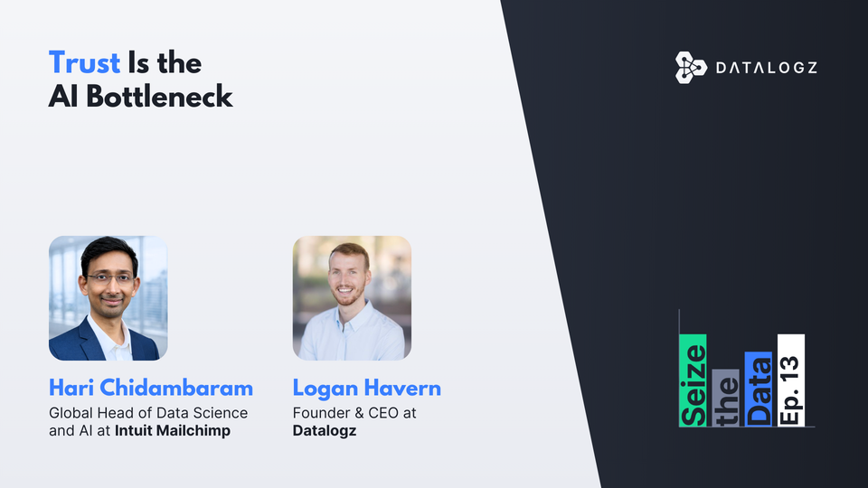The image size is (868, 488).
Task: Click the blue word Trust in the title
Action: click(x=84, y=63)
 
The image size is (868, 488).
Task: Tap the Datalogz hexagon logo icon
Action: click(x=690, y=68)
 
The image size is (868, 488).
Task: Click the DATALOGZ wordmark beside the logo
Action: click(x=767, y=68)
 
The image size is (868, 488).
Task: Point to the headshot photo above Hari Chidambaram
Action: click(x=108, y=298)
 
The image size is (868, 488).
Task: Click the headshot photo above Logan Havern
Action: click(x=352, y=298)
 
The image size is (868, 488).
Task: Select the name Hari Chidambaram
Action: click(x=151, y=389)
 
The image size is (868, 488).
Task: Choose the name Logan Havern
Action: click(x=366, y=389)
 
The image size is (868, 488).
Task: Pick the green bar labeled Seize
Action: click(x=693, y=380)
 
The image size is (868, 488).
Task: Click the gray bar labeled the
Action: click(x=725, y=398)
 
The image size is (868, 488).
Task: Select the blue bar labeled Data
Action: click(x=758, y=389)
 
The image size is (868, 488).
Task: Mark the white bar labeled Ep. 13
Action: click(x=790, y=380)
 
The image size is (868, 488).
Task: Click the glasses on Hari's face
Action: click(x=110, y=278)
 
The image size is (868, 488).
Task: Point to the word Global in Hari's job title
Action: click(x=71, y=413)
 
